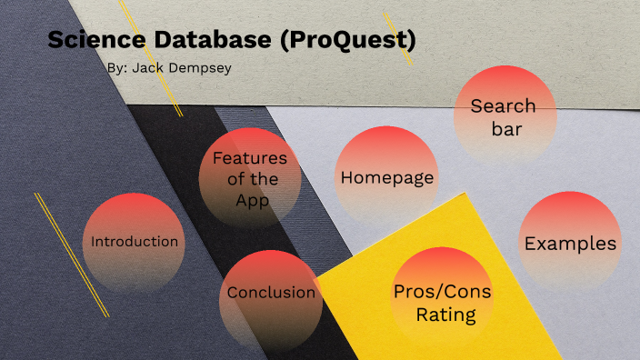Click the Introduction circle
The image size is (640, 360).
pyautogui.click(x=134, y=242)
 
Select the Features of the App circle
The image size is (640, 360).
pyautogui.click(x=249, y=178)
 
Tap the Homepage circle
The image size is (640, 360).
pyautogui.click(x=386, y=178)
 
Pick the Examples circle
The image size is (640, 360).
pyautogui.click(x=570, y=243)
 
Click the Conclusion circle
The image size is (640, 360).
pyautogui.click(x=271, y=293)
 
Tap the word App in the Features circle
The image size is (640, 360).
pyautogui.click(x=252, y=199)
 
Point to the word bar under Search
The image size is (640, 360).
pyautogui.click(x=505, y=129)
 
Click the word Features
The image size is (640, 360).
pyautogui.click(x=250, y=157)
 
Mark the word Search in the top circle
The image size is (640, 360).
pyautogui.click(x=503, y=105)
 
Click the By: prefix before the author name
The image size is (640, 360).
pyautogui.click(x=116, y=69)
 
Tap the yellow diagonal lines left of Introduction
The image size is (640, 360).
pyautogui.click(x=71, y=255)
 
